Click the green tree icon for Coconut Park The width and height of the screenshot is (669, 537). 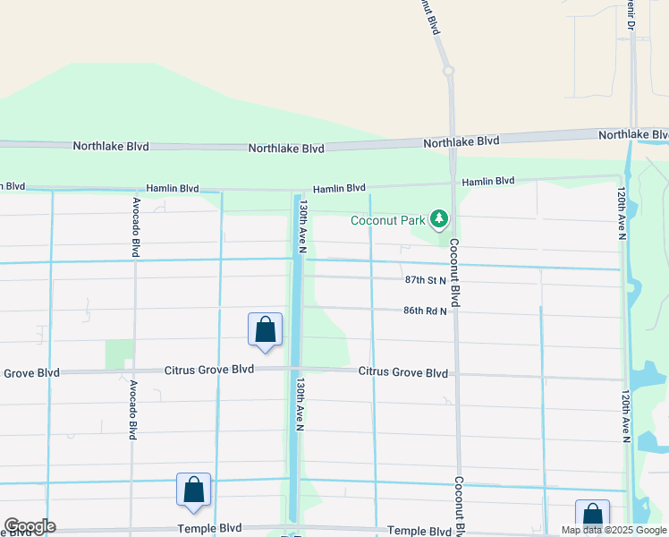(x=438, y=218)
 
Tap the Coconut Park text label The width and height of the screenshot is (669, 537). (x=388, y=219)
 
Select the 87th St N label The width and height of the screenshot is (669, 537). (x=425, y=280)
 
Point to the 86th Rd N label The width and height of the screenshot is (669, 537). (x=425, y=311)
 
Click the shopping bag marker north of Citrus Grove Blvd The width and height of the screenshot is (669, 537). (x=266, y=329)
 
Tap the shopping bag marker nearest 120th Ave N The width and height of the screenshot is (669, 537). (x=592, y=516)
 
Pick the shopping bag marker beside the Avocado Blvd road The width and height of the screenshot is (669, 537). (x=193, y=490)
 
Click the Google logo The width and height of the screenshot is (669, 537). (x=30, y=526)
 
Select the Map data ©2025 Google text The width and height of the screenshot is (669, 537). (x=614, y=530)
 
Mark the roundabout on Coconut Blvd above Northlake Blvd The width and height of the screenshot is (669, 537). (x=447, y=70)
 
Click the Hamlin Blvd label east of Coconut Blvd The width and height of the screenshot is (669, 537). (x=488, y=182)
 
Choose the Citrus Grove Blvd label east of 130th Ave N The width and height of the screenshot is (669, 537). (x=402, y=372)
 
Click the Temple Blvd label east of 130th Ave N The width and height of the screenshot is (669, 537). (x=414, y=532)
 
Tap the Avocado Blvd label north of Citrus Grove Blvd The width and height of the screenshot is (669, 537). (x=136, y=227)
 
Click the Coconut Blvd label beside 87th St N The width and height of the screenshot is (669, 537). (x=454, y=273)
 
